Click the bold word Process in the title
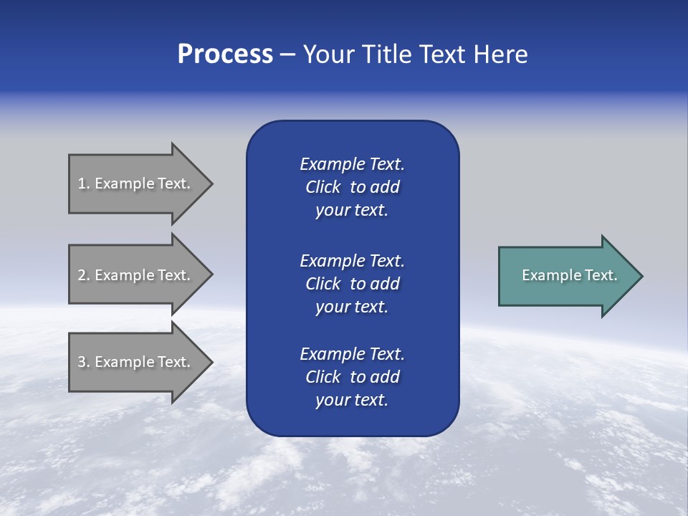225,54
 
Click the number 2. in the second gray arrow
84,275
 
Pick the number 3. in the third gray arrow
84,362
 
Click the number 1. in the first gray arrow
84,183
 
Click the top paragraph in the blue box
352,187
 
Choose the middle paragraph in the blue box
352,284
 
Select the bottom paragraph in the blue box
352,377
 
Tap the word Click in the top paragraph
322,187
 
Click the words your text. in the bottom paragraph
352,400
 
